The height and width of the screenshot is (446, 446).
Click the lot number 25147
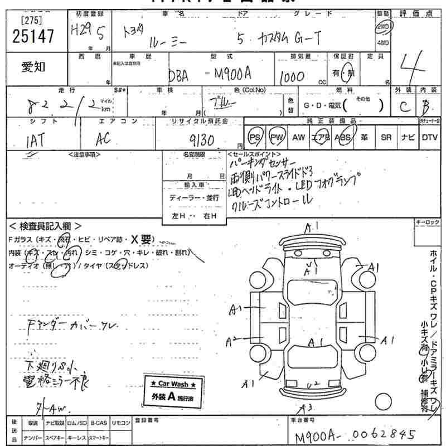pos(33,37)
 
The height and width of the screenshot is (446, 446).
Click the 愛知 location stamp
pos(35,68)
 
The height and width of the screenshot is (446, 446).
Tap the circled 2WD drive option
pos(383,27)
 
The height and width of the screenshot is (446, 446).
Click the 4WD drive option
pos(383,42)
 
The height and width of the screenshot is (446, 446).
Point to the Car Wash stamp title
pos(173,385)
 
